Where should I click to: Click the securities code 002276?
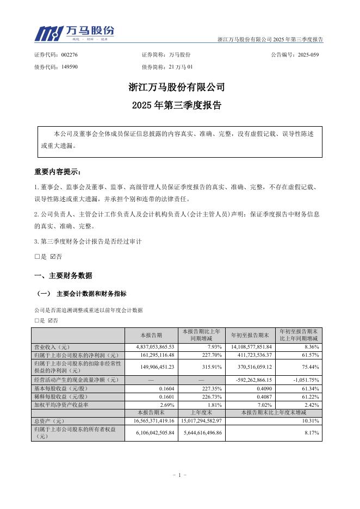click(70, 55)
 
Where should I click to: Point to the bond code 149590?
click(70, 66)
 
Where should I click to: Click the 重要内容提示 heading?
click(58, 172)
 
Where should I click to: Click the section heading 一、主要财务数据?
click(63, 276)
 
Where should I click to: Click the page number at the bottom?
click(179, 475)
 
